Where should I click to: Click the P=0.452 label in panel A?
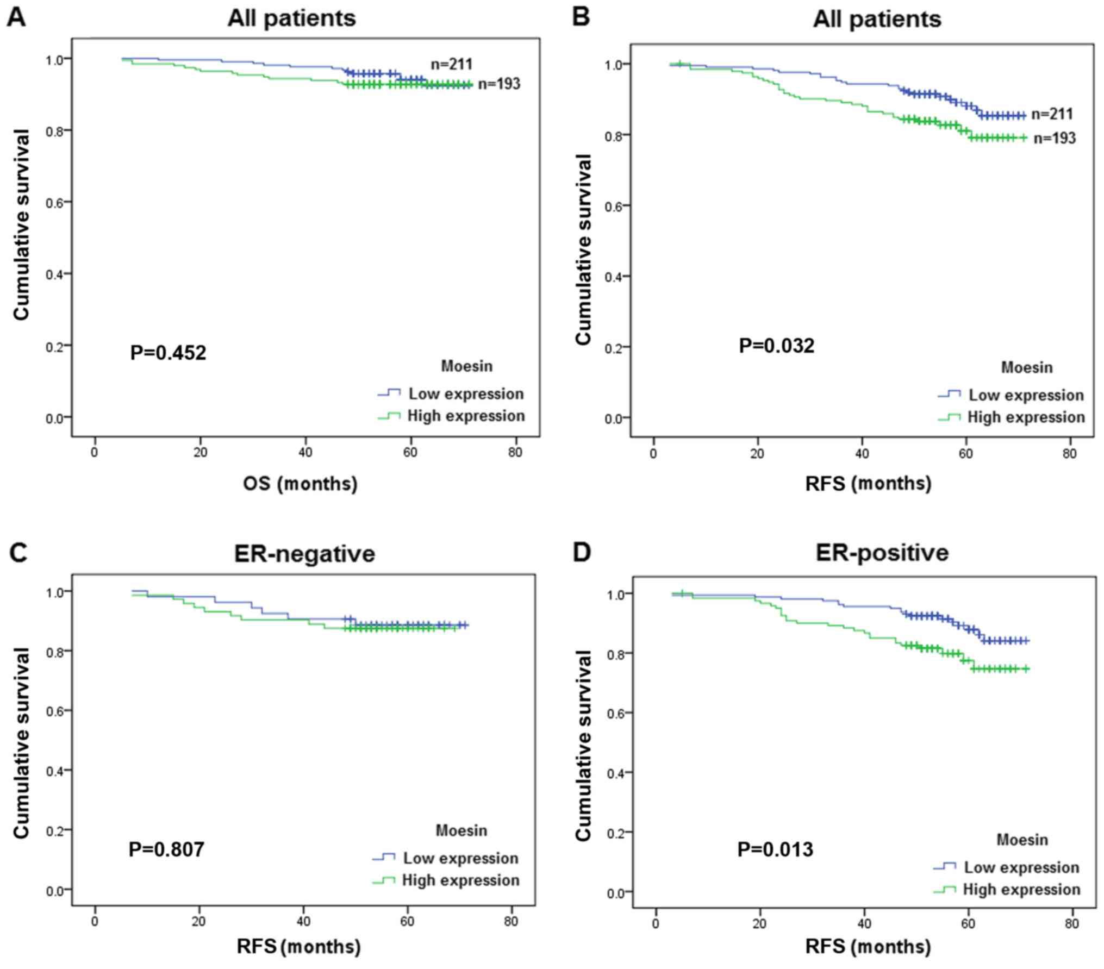(x=168, y=353)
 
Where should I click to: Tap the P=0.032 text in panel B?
(x=776, y=346)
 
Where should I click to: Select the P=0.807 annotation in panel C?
(x=166, y=848)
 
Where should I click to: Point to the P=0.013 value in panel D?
(x=775, y=849)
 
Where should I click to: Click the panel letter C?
(x=17, y=552)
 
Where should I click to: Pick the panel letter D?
(x=582, y=552)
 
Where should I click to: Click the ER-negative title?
(x=304, y=554)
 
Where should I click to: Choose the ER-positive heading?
(x=882, y=553)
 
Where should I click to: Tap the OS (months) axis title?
(x=300, y=483)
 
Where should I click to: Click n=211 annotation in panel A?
(x=451, y=64)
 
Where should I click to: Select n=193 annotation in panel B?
(x=1054, y=138)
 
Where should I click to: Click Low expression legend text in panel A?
(x=466, y=393)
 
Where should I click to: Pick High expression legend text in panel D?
(x=1021, y=889)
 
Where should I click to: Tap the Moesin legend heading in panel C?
(x=461, y=830)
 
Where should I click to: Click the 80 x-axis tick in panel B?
(x=1069, y=454)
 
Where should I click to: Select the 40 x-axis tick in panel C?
(x=303, y=921)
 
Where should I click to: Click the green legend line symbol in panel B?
(x=949, y=418)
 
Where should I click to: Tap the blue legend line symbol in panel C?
(x=384, y=858)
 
